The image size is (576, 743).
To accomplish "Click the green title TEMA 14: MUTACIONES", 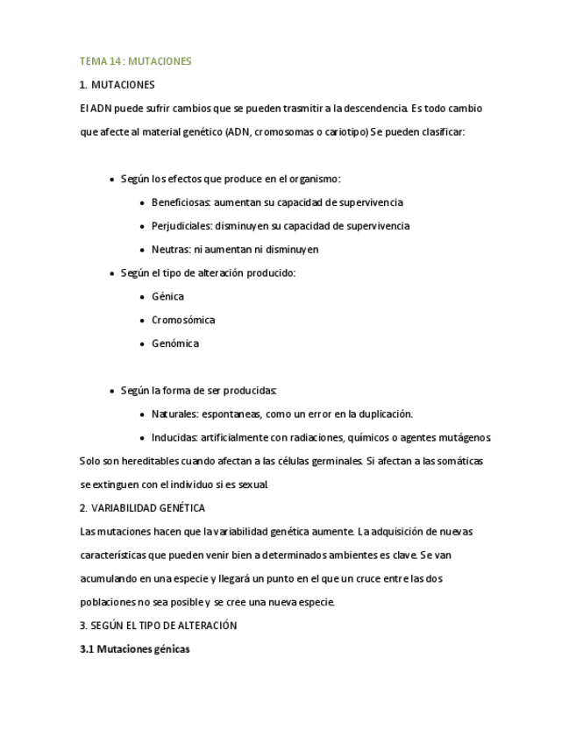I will [x=135, y=61].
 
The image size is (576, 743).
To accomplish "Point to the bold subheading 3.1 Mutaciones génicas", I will [x=134, y=649].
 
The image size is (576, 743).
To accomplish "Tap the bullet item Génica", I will [x=167, y=297].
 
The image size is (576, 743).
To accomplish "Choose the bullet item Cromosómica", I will [x=182, y=320].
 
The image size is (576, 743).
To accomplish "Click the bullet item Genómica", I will [x=174, y=343].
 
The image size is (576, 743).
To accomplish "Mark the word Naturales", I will [x=174, y=414].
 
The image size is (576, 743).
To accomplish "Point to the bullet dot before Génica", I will [x=142, y=297].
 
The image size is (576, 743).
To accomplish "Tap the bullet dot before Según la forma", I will [x=111, y=391].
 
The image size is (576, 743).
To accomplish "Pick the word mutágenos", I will [x=467, y=437].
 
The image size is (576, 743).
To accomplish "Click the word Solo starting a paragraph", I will [x=89, y=461].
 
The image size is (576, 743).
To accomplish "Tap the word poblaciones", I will [x=108, y=602].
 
